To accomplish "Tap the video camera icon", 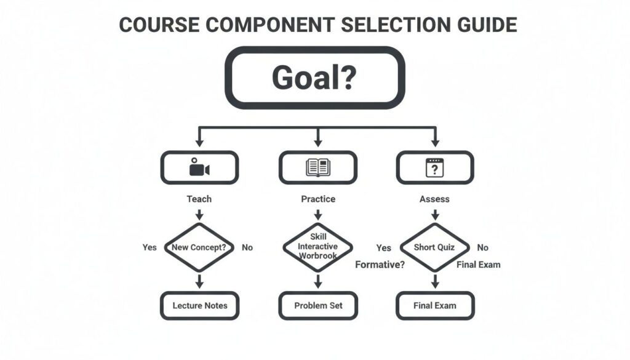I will point(199,167).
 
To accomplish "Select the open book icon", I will point(318,167).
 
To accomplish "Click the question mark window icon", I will point(435,167).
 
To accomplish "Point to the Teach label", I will point(199,199).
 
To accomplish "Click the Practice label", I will point(318,199).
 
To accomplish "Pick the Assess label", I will point(434,199).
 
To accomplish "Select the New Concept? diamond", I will point(199,247).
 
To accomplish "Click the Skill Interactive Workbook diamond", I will point(318,247).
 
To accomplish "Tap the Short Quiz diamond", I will point(434,247).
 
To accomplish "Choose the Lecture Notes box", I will point(199,305).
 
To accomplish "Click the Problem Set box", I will point(318,305).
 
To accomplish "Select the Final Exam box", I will point(434,305).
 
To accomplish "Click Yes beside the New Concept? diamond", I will point(150,247).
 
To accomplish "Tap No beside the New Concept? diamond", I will point(247,247).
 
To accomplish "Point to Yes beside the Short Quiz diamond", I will point(383,248).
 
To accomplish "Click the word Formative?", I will point(380,265).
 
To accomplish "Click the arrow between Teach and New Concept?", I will point(199,214).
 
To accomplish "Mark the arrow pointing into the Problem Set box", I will point(318,282).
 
